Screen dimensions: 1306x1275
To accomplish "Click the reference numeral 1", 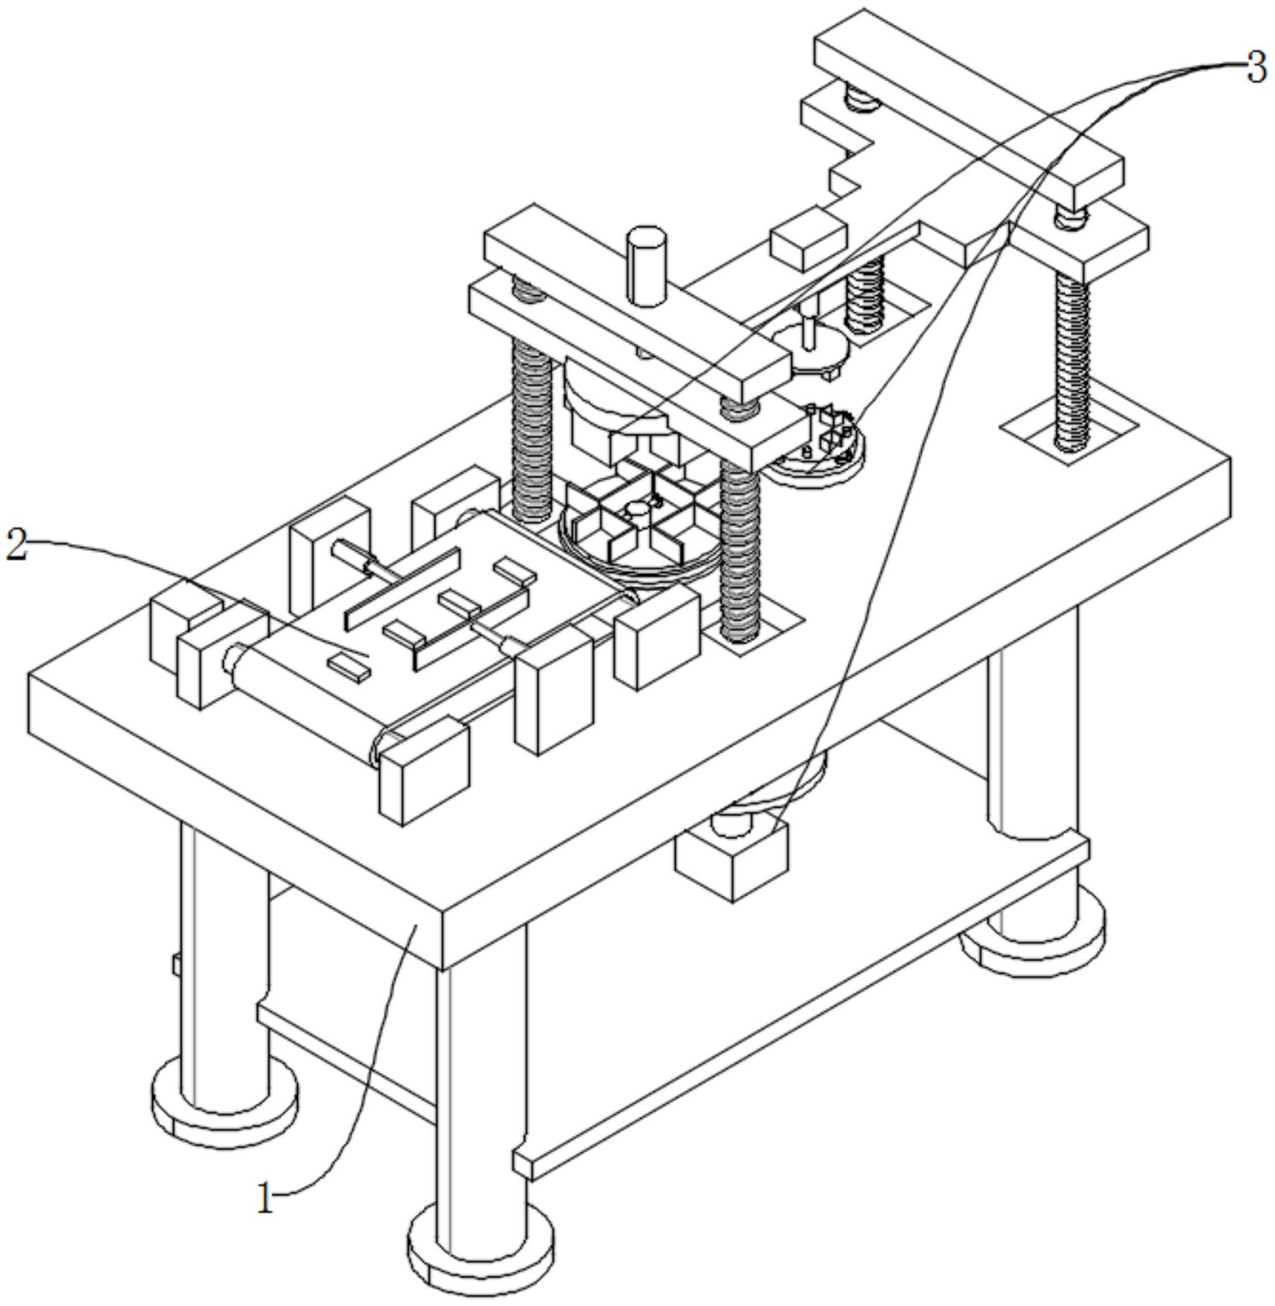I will [264, 1199].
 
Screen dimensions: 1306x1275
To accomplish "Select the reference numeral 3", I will [1257, 69].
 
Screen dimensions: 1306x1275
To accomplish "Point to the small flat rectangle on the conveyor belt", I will [350, 665].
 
